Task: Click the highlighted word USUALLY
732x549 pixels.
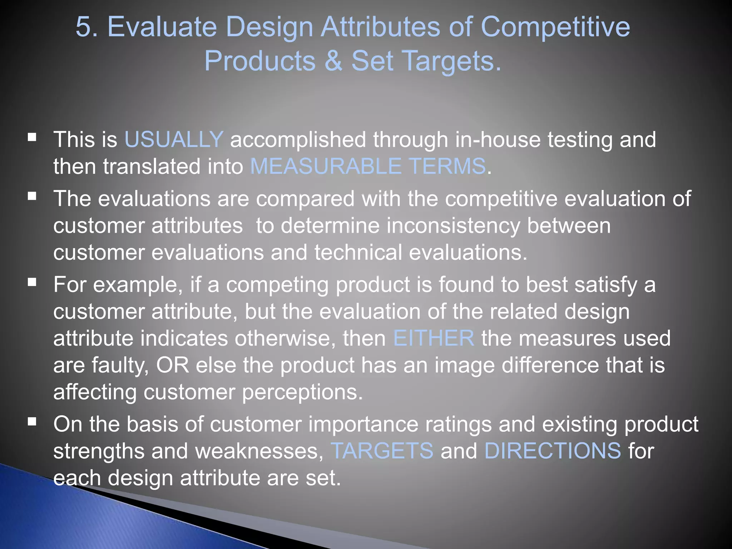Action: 174,139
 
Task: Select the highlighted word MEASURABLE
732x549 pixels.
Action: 326,167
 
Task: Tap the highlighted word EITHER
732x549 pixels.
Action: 434,338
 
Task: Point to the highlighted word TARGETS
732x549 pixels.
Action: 382,451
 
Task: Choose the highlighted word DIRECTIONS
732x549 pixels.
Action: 553,451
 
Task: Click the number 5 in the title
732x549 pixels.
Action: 83,27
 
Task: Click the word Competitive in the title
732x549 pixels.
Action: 555,27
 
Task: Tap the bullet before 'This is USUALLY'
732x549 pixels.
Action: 32,137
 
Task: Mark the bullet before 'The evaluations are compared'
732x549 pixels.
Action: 32,196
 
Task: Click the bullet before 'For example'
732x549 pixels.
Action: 32,282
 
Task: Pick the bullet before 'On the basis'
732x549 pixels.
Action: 32,422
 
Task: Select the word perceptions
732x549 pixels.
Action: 302,392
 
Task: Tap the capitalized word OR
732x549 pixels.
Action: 173,365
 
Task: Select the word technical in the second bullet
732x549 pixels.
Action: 358,253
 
